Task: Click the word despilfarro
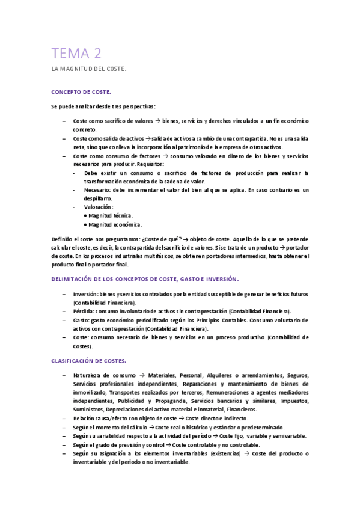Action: pos(98,198)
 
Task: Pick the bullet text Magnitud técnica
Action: pos(111,215)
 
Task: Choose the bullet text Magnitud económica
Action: pos(115,224)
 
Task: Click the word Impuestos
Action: pos(295,400)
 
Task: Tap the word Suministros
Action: pos(88,409)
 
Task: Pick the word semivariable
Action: pos(289,435)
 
